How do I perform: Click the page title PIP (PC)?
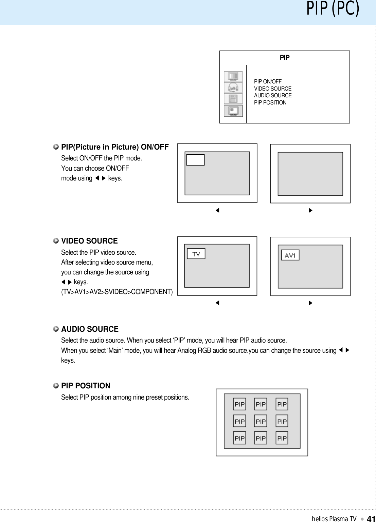pyautogui.click(x=333, y=8)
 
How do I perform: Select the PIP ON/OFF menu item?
pyautogui.click(x=268, y=81)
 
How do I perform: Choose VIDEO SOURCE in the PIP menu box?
pyautogui.click(x=272, y=89)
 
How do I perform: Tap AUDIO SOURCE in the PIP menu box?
pyautogui.click(x=273, y=95)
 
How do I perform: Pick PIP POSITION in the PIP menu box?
pyautogui.click(x=270, y=102)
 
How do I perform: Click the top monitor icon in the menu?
pyautogui.click(x=233, y=76)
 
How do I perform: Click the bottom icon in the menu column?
pyautogui.click(x=233, y=111)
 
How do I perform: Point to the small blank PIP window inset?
pyautogui.click(x=195, y=160)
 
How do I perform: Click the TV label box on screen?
pyautogui.click(x=196, y=254)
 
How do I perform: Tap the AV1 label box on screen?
pyautogui.click(x=290, y=255)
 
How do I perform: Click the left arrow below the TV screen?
pyautogui.click(x=217, y=303)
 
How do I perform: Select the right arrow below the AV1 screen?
pyautogui.click(x=310, y=303)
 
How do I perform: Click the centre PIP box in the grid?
pyautogui.click(x=261, y=421)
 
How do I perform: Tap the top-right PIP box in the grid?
pyautogui.click(x=282, y=404)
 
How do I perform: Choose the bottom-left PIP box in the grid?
pyautogui.click(x=239, y=438)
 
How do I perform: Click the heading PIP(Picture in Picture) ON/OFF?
pyautogui.click(x=115, y=147)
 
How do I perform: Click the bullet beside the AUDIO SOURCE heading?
pyautogui.click(x=56, y=329)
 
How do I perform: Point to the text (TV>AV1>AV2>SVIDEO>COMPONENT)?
pyautogui.click(x=117, y=292)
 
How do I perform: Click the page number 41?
pyautogui.click(x=371, y=519)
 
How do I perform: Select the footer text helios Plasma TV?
pyautogui.click(x=334, y=519)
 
